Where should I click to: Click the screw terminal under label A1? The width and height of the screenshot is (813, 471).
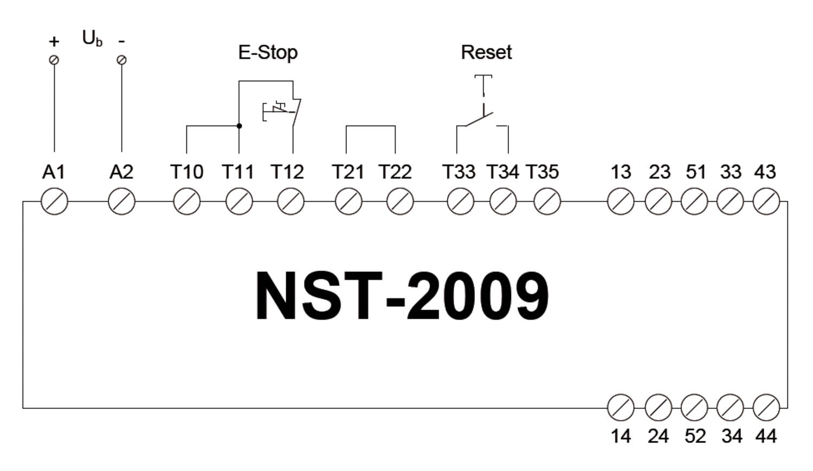click(54, 201)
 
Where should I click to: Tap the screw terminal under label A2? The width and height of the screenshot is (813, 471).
click(121, 201)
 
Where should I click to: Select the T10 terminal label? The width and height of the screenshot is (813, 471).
click(187, 172)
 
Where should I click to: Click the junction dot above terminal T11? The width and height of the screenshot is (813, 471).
click(239, 126)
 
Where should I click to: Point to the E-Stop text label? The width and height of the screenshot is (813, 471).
click(268, 53)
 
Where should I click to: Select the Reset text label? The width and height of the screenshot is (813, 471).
click(486, 53)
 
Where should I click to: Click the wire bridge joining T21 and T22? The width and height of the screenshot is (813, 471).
click(371, 126)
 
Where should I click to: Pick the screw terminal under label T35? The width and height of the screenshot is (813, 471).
click(547, 201)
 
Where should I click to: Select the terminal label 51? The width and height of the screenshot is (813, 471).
click(696, 172)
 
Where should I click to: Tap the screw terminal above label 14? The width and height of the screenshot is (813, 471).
click(621, 407)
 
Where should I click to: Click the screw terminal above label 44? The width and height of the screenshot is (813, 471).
click(766, 407)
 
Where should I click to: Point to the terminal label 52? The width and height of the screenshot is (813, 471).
click(695, 436)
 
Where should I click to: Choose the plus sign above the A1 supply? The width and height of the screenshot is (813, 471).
click(54, 42)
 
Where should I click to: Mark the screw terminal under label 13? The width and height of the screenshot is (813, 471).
click(621, 201)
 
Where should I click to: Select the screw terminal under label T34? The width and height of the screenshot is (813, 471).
click(503, 201)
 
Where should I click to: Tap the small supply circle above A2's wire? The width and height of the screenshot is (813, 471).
click(121, 60)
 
